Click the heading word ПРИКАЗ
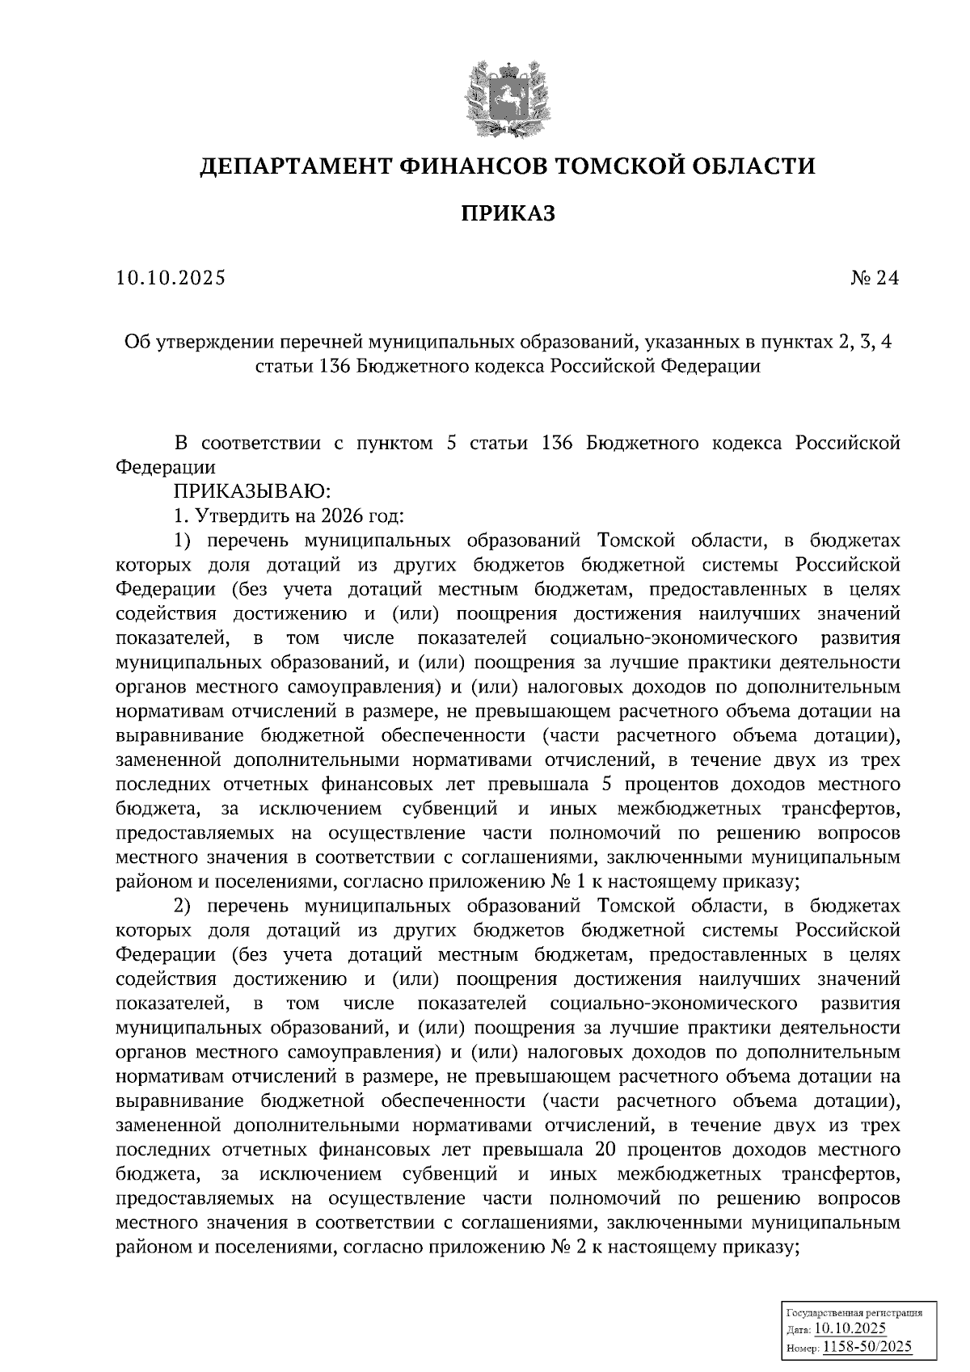pos(508,213)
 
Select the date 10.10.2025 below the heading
pos(171,278)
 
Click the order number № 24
pos(875,278)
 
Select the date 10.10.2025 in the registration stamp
pos(850,1329)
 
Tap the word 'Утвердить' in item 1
pos(231,516)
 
